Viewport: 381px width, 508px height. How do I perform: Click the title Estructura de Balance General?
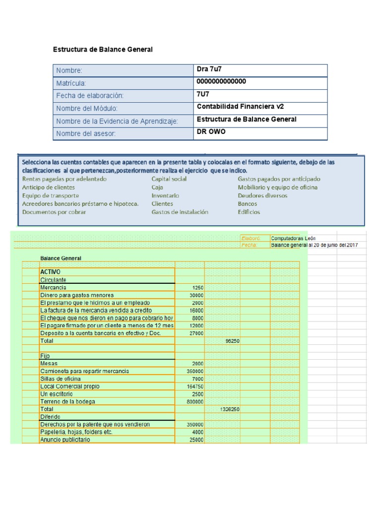pos(103,50)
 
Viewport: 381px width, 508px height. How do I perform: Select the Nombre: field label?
pos(69,71)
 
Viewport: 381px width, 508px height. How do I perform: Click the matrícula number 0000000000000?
pos(221,82)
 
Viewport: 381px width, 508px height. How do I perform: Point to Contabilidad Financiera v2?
pos(240,107)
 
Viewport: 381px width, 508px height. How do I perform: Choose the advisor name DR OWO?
pos(211,131)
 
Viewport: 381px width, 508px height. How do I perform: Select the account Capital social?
pos(169,179)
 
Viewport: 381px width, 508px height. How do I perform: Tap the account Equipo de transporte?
pos(51,195)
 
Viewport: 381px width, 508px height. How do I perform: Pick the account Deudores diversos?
pos(262,195)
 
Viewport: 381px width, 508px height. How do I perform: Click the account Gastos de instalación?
pos(180,212)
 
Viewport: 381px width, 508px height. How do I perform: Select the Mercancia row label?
pos(53,288)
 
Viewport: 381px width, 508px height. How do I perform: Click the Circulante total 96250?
pos(232,341)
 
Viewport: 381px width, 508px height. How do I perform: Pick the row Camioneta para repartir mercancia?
pos(84,371)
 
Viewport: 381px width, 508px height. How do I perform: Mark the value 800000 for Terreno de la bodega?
pos(195,402)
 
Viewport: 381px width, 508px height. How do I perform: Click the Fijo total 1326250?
pos(230,409)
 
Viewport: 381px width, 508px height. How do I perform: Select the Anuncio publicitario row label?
pos(65,440)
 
